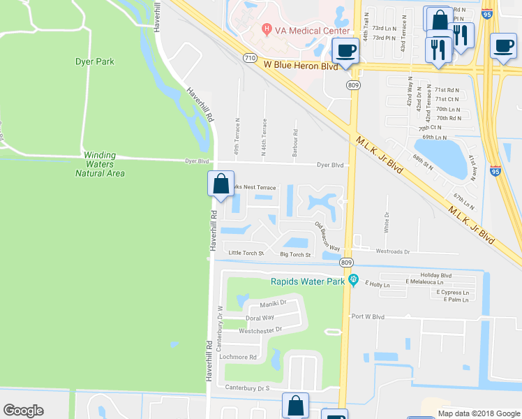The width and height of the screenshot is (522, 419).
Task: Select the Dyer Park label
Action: [94, 61]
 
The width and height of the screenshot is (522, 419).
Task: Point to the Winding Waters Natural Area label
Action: [104, 164]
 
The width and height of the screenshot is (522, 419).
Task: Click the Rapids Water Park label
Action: [308, 282]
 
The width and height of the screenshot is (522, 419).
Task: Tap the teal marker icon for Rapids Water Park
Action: [354, 281]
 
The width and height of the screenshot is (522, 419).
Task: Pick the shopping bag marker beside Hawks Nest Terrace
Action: [221, 186]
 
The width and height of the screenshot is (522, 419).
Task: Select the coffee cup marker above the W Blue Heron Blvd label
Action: [345, 50]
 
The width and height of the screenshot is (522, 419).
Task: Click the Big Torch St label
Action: [295, 255]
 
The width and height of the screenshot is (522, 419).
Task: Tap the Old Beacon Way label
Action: [327, 237]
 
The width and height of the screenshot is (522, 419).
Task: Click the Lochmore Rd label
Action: [239, 357]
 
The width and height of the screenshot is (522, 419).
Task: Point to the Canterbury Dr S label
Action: [247, 387]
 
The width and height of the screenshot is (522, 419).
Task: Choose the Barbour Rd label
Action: [295, 142]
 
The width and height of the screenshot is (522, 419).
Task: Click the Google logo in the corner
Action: [23, 411]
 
